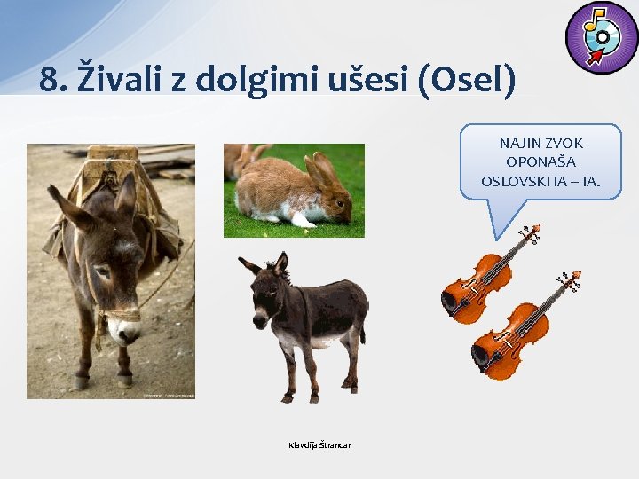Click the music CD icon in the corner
pos(601,37)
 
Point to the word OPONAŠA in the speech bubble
pos(540,161)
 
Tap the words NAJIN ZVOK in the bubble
pos(540,143)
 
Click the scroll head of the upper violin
pos(532,232)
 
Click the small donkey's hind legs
pos(353,364)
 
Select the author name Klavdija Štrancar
pos(319,444)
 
